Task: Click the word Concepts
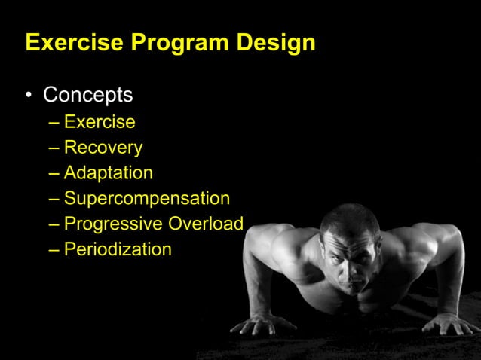(87, 96)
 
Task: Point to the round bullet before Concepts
(29, 96)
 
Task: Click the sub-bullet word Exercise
(100, 121)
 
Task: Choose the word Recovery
(103, 148)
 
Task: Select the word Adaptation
(109, 173)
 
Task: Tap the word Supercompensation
(147, 199)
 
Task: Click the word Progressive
(113, 224)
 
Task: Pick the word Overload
(206, 224)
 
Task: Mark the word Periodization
(118, 249)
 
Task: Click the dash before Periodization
(54, 249)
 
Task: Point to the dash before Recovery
(54, 148)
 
